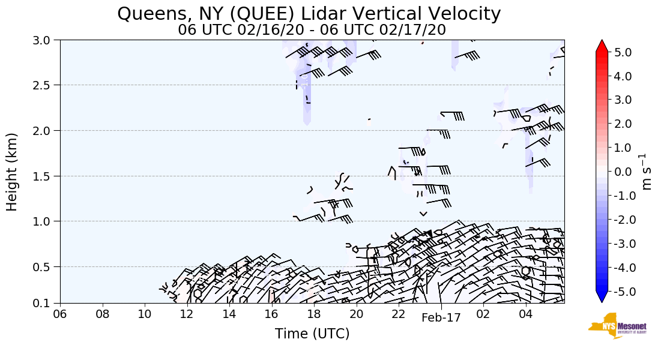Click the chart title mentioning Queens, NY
[309, 13]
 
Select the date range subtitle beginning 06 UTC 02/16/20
[312, 29]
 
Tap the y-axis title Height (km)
[12, 172]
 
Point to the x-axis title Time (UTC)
[312, 334]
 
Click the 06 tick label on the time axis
[60, 314]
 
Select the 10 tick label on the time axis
[145, 314]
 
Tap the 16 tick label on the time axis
[271, 314]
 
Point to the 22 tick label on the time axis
[399, 314]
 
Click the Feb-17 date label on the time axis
[441, 318]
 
